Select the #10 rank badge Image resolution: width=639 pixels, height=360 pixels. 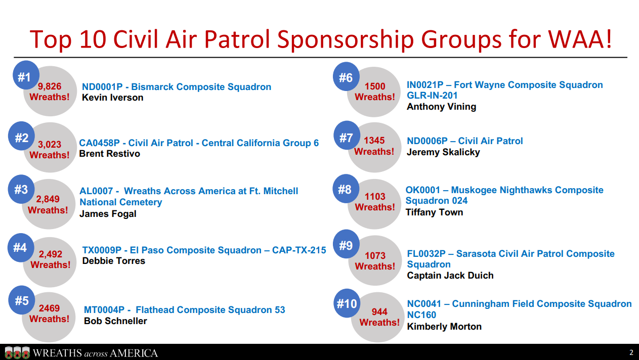pyautogui.click(x=347, y=303)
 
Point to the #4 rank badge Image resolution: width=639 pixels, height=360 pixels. pyautogui.click(x=21, y=247)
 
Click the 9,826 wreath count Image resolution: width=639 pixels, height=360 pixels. pyautogui.click(x=50, y=86)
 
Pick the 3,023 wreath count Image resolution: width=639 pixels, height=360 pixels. pyautogui.click(x=50, y=144)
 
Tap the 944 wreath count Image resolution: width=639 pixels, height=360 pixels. pyautogui.click(x=379, y=311)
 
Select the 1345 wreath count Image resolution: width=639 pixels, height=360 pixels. pyautogui.click(x=374, y=140)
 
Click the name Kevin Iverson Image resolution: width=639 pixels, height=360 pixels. pyautogui.click(x=113, y=98)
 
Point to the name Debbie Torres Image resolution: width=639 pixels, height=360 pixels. pyautogui.click(x=113, y=261)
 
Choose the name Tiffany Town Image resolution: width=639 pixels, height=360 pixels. pyautogui.click(x=434, y=212)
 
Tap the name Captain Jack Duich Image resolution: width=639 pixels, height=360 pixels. pyautogui.click(x=450, y=276)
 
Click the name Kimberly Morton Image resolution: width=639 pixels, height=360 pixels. pyautogui.click(x=444, y=327)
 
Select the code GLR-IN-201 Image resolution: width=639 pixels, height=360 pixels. pyautogui.click(x=432, y=96)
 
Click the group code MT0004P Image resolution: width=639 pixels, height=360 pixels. pyautogui.click(x=104, y=310)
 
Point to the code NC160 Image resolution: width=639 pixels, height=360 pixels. pyautogui.click(x=421, y=315)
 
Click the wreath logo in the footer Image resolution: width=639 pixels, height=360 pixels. pyautogui.click(x=17, y=352)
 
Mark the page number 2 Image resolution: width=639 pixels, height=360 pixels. pyautogui.click(x=631, y=352)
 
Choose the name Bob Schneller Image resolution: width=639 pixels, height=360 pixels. pyautogui.click(x=115, y=321)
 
